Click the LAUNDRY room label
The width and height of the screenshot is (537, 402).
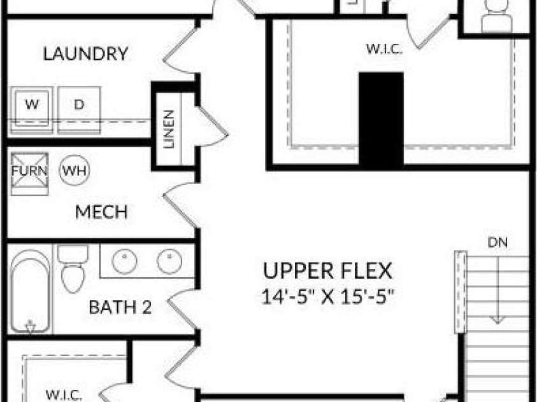[85, 54]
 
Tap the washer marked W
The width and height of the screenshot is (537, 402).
[31, 110]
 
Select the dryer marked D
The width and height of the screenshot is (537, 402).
[79, 110]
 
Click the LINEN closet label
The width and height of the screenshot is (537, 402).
[169, 129]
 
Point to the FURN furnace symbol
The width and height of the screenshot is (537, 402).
[29, 174]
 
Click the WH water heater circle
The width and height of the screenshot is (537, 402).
[75, 170]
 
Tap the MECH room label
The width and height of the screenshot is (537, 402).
[101, 212]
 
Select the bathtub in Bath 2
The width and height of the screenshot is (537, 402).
[31, 291]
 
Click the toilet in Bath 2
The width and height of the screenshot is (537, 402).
[72, 268]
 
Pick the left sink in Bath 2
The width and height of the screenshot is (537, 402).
[124, 261]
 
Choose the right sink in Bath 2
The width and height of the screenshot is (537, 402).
[169, 261]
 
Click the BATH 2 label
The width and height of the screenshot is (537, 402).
[120, 307]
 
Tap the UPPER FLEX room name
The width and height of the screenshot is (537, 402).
[327, 271]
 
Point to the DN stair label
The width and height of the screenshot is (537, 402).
[498, 242]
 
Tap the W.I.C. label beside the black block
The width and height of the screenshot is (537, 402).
[384, 49]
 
